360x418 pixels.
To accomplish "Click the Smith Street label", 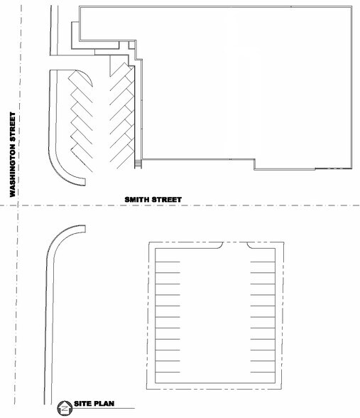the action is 153,199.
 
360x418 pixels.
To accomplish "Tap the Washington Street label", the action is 13,154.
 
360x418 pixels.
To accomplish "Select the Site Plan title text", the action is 94,404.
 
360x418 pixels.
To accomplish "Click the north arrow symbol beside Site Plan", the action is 65,408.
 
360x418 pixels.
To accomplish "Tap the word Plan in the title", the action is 105,404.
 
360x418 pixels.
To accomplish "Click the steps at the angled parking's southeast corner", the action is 138,164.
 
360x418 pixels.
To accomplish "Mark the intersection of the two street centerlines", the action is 18,205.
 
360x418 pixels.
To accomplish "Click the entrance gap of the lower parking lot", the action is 235,242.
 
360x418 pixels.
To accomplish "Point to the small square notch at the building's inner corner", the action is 132,45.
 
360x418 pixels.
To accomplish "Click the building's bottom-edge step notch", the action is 254,164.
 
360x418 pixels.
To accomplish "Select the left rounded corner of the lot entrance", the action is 220,245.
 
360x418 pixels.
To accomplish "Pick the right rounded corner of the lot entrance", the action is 250,245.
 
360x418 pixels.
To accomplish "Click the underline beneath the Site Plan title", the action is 104,408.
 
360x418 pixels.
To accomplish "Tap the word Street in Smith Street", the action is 167,199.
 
